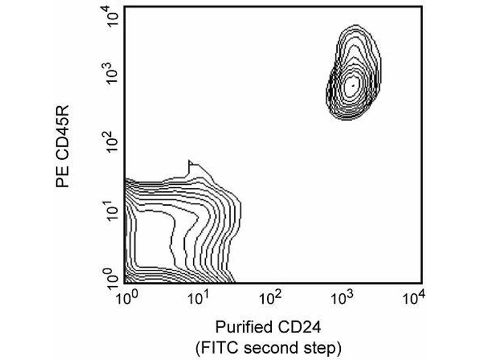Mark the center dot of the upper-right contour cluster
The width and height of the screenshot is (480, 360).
click(x=353, y=85)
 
